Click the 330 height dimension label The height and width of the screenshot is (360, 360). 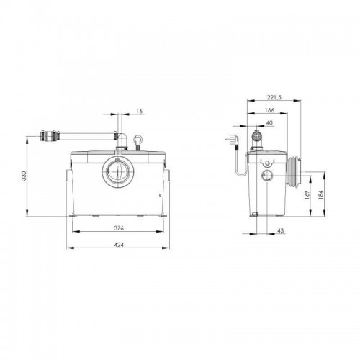pyautogui.click(x=24, y=176)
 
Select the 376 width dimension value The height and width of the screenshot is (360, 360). pyautogui.click(x=119, y=228)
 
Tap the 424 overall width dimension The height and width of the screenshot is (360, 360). pyautogui.click(x=119, y=245)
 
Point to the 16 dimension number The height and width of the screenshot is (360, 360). pyautogui.click(x=140, y=111)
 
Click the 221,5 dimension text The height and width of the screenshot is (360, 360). pyautogui.click(x=274, y=97)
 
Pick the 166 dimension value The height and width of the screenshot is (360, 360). pyautogui.click(x=269, y=110)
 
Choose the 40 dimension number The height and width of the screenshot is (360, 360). pyautogui.click(x=270, y=123)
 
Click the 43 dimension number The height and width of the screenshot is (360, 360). pyautogui.click(x=280, y=230)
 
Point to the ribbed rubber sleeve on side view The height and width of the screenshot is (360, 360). pyautogui.click(x=293, y=171)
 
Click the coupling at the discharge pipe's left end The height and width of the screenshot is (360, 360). pyautogui.click(x=50, y=136)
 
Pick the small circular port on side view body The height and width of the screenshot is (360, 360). pyautogui.click(x=267, y=176)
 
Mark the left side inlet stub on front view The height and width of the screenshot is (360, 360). pyautogui.click(x=69, y=175)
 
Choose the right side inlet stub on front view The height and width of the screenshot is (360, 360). pyautogui.click(x=167, y=175)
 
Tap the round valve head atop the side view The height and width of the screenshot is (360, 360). pyautogui.click(x=257, y=136)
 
